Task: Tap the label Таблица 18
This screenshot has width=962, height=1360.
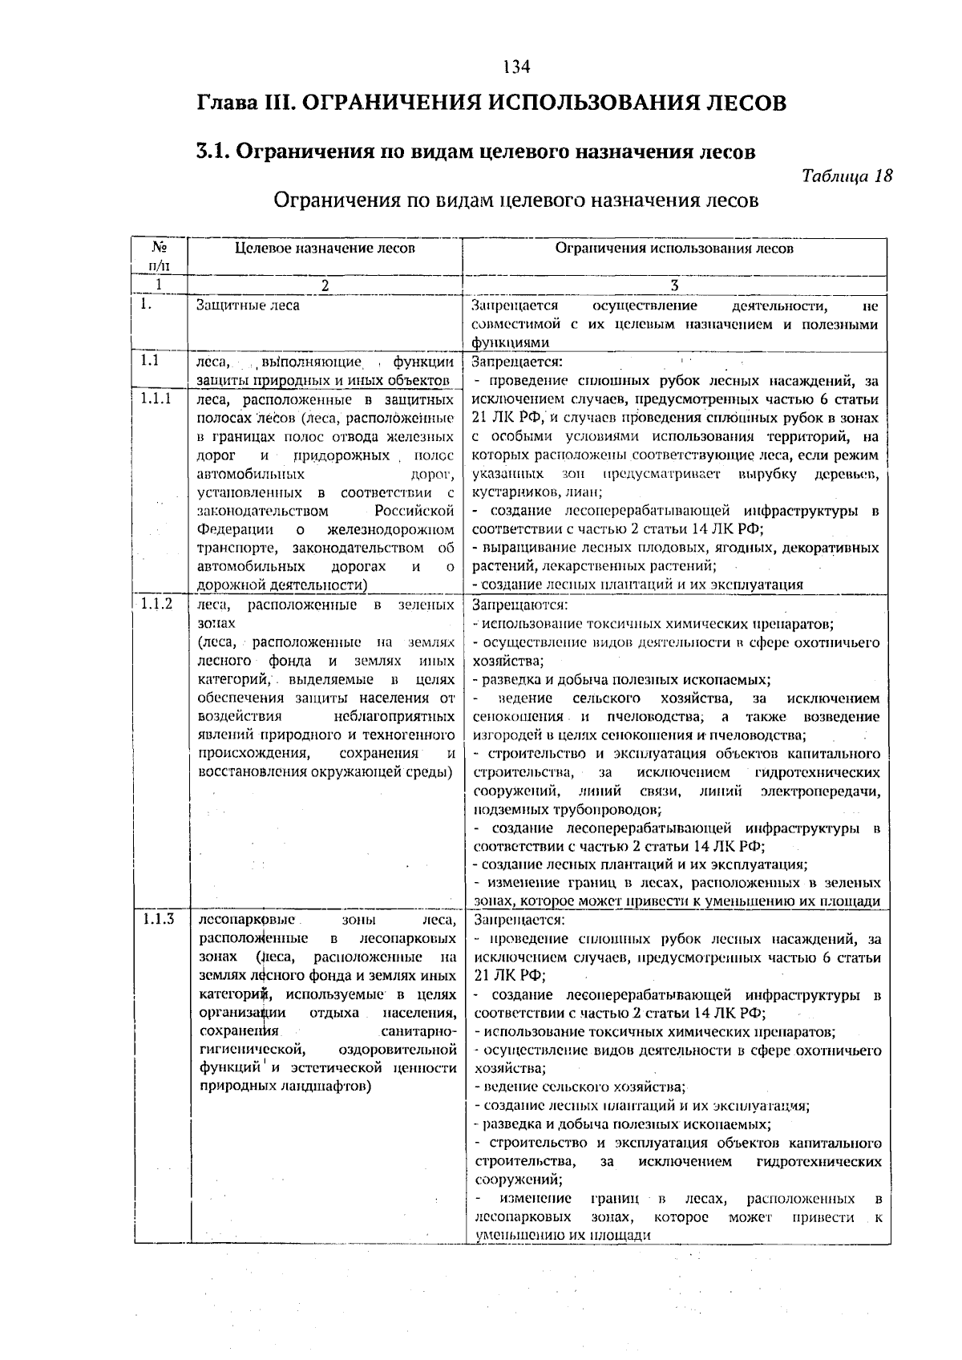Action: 846,176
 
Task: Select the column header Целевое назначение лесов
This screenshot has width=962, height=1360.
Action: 325,249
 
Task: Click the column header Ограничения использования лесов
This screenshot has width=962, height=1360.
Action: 674,249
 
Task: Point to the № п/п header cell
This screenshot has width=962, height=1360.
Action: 159,256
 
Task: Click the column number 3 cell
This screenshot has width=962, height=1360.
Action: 674,285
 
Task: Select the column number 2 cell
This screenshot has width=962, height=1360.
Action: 325,285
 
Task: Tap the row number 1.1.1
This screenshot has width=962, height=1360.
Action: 156,398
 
